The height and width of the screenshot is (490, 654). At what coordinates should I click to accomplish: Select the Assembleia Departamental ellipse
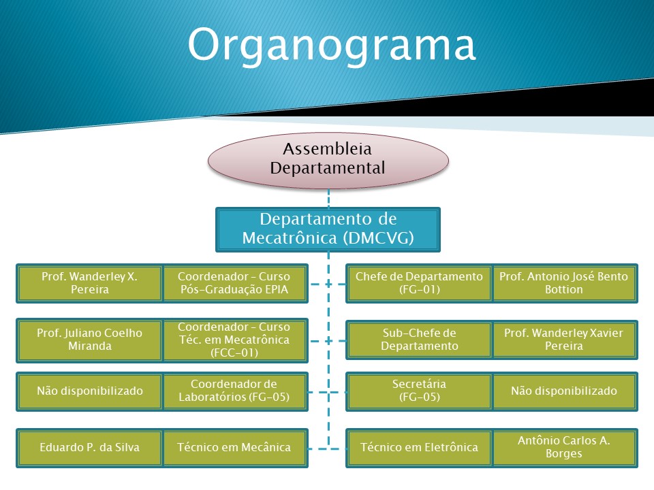[328, 161]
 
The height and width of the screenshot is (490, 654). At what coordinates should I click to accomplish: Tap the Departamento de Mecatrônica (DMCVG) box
[328, 229]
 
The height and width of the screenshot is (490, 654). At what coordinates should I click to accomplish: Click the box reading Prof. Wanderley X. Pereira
[89, 283]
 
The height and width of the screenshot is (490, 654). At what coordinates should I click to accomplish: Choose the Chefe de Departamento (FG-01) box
[419, 283]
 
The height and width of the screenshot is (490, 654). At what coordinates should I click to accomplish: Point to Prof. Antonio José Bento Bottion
[565, 283]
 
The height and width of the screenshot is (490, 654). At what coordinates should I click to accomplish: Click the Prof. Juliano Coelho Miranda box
[89, 340]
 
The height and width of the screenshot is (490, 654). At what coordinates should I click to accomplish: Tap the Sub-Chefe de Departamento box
[419, 340]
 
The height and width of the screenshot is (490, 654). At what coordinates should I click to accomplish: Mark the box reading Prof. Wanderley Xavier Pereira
[565, 340]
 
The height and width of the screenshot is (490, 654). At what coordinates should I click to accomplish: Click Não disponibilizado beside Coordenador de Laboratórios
[89, 391]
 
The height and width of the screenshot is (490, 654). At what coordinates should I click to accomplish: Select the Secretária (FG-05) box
[419, 391]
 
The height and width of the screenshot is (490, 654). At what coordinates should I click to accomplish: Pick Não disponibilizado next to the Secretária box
[565, 391]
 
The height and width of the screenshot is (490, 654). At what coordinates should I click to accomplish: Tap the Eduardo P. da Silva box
[89, 448]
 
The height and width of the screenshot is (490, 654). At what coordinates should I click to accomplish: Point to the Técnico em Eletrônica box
[419, 448]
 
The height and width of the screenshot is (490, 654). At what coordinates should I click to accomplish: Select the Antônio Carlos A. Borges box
[565, 448]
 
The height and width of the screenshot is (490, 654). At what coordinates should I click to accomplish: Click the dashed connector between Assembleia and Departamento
[328, 198]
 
